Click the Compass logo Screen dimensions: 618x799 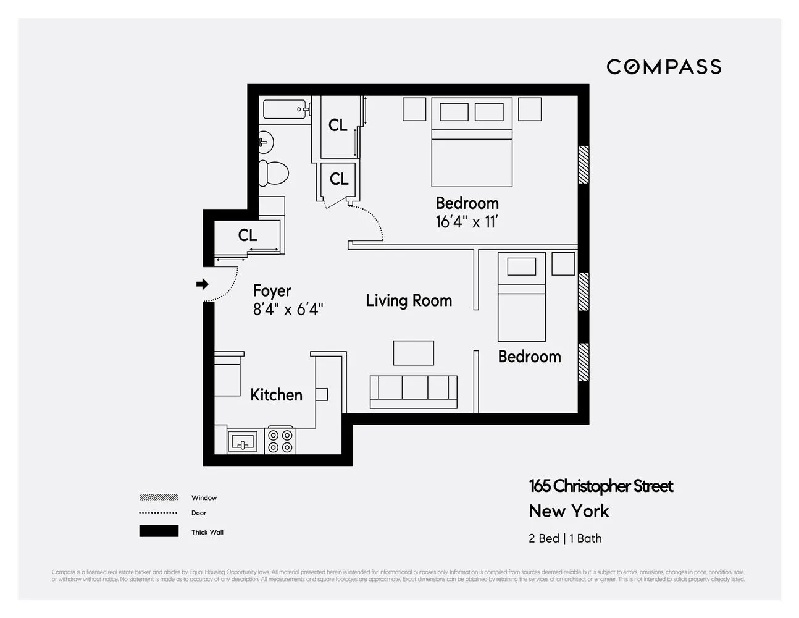pyautogui.click(x=664, y=67)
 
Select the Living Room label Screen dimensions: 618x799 pyautogui.click(x=409, y=301)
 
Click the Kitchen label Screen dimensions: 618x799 pyautogui.click(x=276, y=395)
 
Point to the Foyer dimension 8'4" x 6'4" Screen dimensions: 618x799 pyautogui.click(x=288, y=310)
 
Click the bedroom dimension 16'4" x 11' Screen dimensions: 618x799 pyautogui.click(x=466, y=222)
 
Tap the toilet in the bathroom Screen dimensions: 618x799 pyautogui.click(x=273, y=173)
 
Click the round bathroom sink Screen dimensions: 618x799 pyautogui.click(x=266, y=142)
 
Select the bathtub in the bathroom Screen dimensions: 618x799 pyautogui.click(x=286, y=110)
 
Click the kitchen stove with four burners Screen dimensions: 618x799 pyautogui.click(x=280, y=441)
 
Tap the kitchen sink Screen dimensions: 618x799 pyautogui.click(x=243, y=442)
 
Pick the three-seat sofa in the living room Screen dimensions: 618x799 pyautogui.click(x=414, y=391)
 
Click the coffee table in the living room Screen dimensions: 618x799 pyautogui.click(x=414, y=353)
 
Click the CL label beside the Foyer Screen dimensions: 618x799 pyautogui.click(x=248, y=235)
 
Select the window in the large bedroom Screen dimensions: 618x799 pyautogui.click(x=583, y=164)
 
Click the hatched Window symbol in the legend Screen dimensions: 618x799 pyautogui.click(x=159, y=497)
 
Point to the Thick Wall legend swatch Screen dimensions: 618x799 pyautogui.click(x=159, y=531)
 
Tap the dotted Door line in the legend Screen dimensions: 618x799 pyautogui.click(x=159, y=513)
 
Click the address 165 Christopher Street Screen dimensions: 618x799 pyautogui.click(x=601, y=486)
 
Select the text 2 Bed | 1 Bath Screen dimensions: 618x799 pyautogui.click(x=565, y=538)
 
